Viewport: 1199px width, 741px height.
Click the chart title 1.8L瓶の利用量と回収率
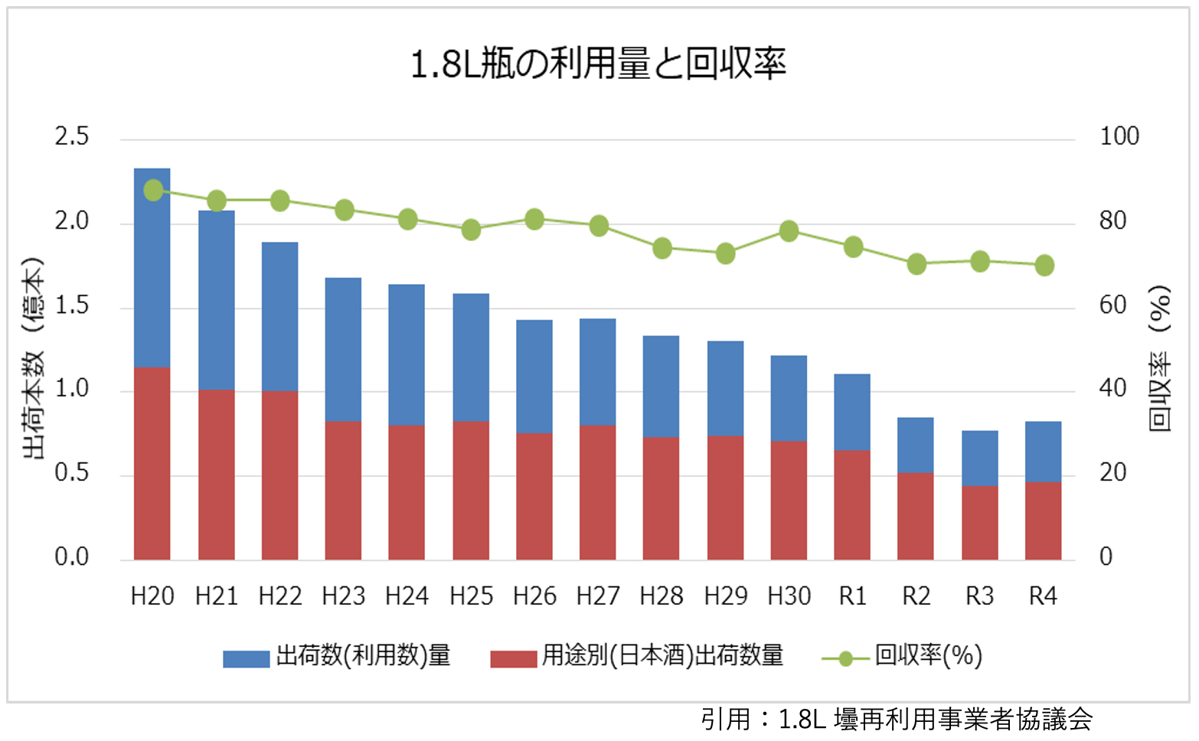pyautogui.click(x=598, y=64)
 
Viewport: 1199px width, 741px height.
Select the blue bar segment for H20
pyautogui.click(x=152, y=268)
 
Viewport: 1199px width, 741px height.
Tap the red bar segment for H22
pyautogui.click(x=279, y=475)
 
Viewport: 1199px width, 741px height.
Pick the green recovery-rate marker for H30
pyautogui.click(x=789, y=231)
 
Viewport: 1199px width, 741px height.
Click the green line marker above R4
pyautogui.click(x=1044, y=266)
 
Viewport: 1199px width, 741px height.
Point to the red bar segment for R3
pyautogui.click(x=979, y=522)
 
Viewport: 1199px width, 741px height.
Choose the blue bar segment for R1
pyautogui.click(x=852, y=412)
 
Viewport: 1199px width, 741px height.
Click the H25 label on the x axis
pyautogui.click(x=471, y=596)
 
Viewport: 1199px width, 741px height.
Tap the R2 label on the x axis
pyautogui.click(x=916, y=596)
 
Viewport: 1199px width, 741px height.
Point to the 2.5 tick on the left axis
pyautogui.click(x=71, y=136)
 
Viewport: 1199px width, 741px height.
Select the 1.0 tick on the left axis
pyautogui.click(x=71, y=389)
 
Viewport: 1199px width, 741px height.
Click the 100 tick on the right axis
pyautogui.click(x=1119, y=136)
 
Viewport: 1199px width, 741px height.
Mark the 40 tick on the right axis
pyautogui.click(x=1112, y=389)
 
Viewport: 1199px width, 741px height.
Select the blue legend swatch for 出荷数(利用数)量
pyautogui.click(x=246, y=658)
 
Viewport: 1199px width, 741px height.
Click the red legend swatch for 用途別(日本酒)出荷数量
pyautogui.click(x=513, y=658)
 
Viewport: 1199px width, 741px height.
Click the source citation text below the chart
pyautogui.click(x=897, y=720)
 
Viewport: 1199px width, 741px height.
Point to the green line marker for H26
pyautogui.click(x=534, y=220)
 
